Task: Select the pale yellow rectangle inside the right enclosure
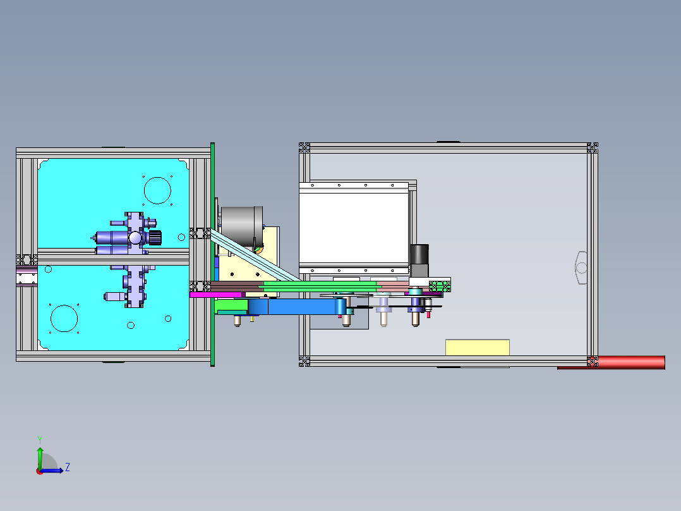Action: click(x=477, y=347)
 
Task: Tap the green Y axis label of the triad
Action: click(x=39, y=439)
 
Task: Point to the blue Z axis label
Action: click(x=67, y=467)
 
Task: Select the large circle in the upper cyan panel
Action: click(x=157, y=189)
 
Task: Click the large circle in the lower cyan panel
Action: click(x=63, y=318)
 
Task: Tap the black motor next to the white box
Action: click(x=419, y=260)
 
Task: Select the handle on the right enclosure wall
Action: click(x=581, y=268)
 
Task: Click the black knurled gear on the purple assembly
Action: click(x=155, y=237)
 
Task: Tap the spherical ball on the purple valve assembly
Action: click(x=135, y=237)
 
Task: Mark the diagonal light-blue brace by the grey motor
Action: click(x=253, y=256)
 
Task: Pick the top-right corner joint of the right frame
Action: click(x=592, y=148)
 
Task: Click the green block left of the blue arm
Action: click(x=231, y=307)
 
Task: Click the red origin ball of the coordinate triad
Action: click(x=40, y=471)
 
